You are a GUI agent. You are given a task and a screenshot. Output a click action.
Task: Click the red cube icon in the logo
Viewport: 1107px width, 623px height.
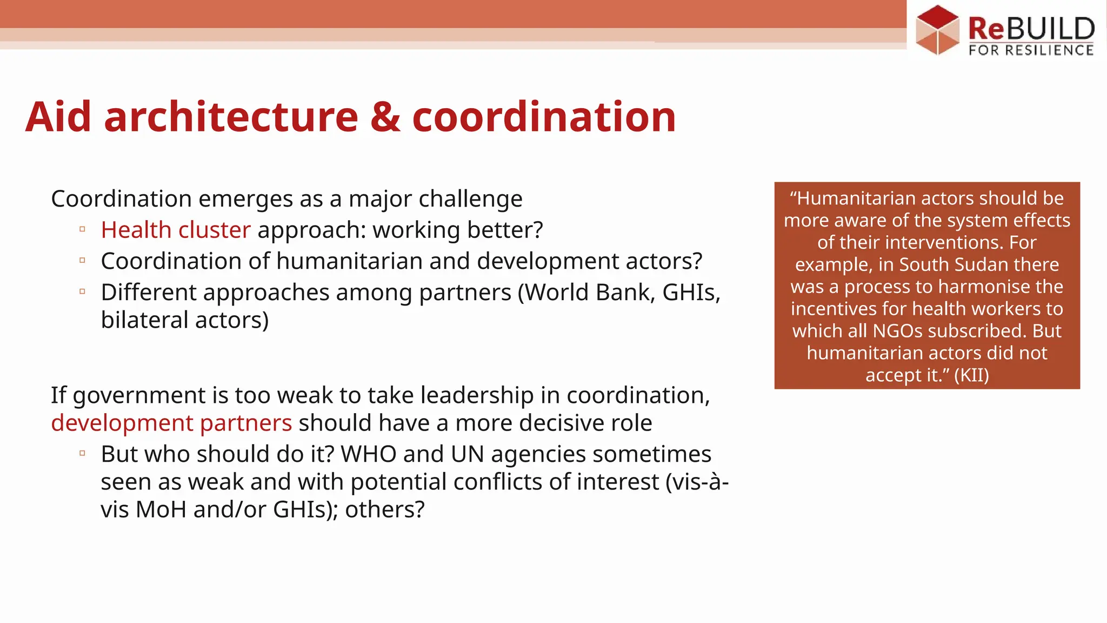pos(937,30)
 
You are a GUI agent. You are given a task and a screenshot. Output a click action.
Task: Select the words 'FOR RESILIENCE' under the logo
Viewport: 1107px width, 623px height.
pos(1031,51)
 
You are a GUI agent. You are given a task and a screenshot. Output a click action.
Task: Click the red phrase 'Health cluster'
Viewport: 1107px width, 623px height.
pos(176,230)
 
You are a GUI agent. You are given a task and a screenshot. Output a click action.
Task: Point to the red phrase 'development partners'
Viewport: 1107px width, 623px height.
pos(171,423)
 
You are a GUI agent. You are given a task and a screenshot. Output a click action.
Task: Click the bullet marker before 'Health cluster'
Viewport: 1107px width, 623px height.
pos(82,229)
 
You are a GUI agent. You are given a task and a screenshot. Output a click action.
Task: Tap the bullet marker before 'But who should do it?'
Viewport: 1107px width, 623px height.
pos(82,453)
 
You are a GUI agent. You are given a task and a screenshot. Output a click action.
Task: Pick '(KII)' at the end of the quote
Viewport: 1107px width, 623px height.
pos(971,375)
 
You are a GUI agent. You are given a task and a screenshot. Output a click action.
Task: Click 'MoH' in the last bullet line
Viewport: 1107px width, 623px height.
pos(161,510)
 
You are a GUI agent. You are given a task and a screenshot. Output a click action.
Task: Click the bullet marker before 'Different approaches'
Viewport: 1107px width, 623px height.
pos(82,291)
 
